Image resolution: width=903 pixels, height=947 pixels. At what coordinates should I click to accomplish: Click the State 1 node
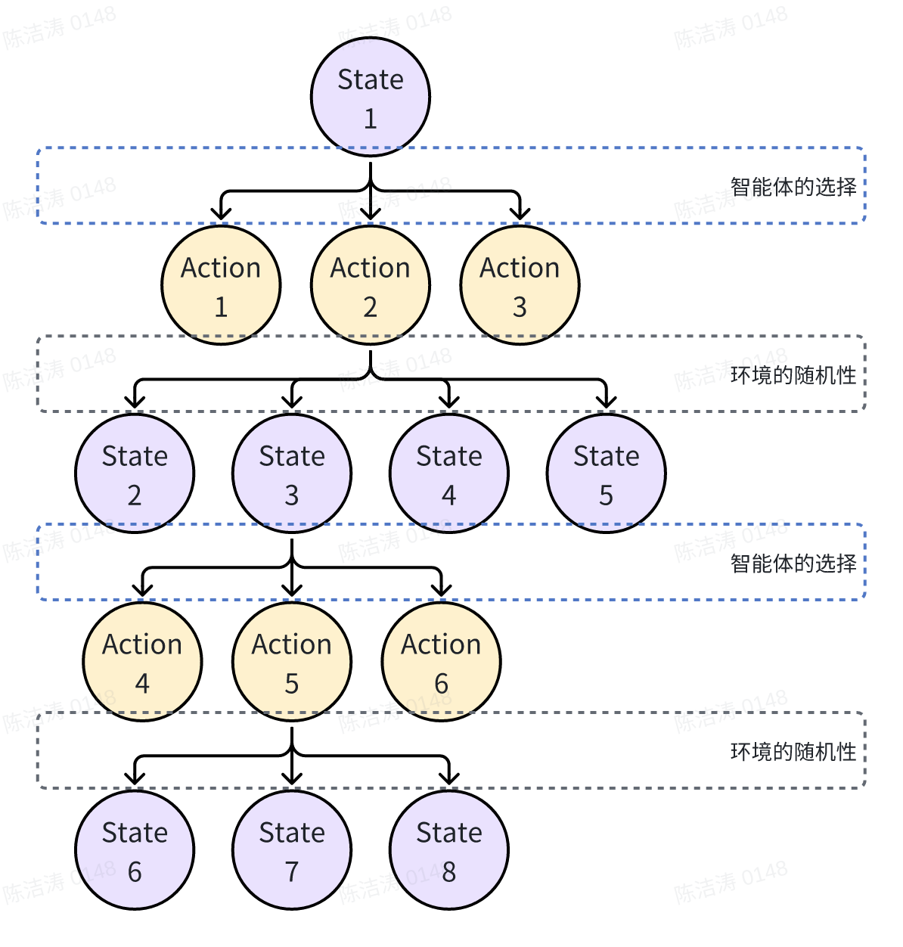371,97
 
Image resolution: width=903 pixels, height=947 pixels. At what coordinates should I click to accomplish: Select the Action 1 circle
221,285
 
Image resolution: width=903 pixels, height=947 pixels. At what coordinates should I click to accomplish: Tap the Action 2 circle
371,285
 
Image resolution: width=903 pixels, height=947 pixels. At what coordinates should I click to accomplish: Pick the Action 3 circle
520,285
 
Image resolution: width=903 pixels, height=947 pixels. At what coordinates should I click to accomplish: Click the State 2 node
135,473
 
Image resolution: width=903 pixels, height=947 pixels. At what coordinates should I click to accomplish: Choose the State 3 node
292,473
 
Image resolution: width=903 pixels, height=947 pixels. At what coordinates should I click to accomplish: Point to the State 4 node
449,473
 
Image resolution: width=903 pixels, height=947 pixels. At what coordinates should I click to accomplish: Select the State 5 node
606,473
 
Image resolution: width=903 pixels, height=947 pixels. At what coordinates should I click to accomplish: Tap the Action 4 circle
142,662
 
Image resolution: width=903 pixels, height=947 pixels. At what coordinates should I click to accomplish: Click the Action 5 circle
292,662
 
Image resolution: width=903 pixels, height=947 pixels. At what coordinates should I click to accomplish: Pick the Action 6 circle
441,662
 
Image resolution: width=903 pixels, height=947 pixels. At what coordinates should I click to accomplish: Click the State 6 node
135,850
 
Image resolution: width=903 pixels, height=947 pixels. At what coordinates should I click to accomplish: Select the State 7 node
292,850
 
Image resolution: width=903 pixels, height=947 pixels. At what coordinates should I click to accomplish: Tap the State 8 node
449,850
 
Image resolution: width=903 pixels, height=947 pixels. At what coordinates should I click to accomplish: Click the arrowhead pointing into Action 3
520,214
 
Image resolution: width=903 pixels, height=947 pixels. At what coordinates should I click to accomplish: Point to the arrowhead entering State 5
606,402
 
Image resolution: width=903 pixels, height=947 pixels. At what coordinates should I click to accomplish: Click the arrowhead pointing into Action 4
142,591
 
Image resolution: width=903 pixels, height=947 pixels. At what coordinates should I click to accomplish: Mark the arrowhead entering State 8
449,779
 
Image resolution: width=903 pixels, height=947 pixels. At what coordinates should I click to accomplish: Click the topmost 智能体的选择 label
793,187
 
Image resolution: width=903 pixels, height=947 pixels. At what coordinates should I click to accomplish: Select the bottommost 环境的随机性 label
793,752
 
